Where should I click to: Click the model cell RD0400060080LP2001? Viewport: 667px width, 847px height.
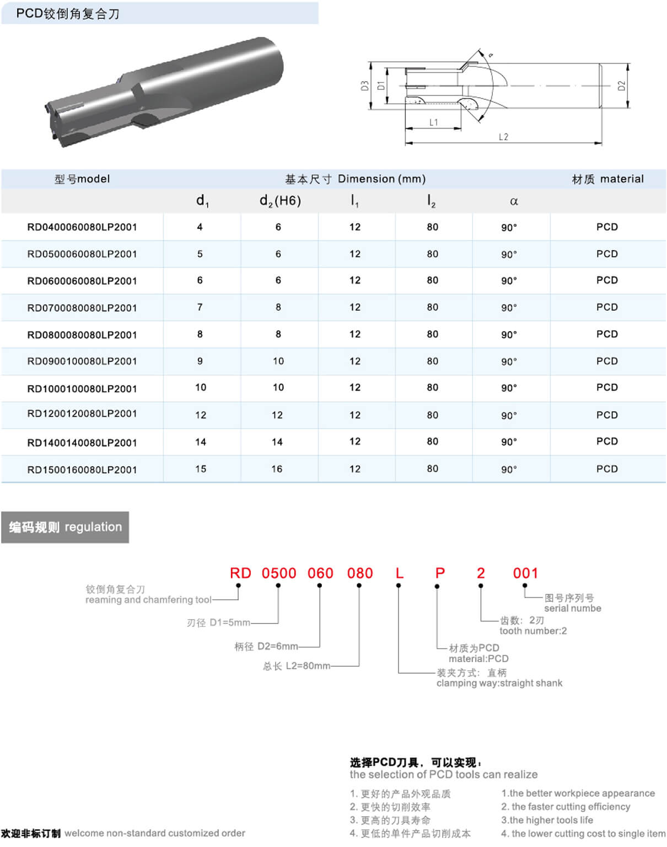(82, 227)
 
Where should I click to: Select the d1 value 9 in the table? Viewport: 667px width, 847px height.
(200, 361)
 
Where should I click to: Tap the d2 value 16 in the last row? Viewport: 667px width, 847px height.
(277, 468)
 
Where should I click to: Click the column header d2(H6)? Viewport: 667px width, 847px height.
(280, 200)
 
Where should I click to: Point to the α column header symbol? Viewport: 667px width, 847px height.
(514, 201)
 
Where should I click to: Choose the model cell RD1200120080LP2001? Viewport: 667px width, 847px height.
(82, 414)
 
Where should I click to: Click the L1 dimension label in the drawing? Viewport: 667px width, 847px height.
(434, 122)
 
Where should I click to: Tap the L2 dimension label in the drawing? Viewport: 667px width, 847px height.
(503, 137)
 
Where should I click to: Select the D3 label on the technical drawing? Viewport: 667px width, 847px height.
(364, 86)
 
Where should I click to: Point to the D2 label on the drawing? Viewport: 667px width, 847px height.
(622, 86)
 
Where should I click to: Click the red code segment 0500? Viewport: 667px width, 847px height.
(279, 573)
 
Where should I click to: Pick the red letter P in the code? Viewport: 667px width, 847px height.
(439, 573)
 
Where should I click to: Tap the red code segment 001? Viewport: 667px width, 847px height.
(525, 573)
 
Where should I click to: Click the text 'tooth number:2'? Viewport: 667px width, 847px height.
(533, 631)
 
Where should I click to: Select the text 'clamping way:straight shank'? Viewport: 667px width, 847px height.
(499, 683)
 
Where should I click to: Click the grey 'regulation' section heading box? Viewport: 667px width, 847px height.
(65, 527)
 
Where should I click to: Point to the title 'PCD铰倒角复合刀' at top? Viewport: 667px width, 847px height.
(68, 14)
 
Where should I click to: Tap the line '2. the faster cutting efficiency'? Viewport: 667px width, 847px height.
(566, 807)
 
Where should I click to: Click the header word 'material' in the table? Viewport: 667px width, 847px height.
(622, 179)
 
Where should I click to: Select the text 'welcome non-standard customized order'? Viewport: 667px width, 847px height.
(155, 833)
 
